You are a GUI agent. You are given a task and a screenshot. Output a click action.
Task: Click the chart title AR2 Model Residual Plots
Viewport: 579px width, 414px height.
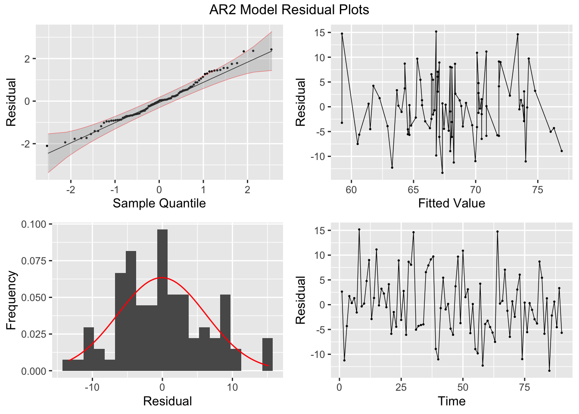(289, 9)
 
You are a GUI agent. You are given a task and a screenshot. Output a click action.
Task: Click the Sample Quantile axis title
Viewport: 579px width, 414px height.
(159, 203)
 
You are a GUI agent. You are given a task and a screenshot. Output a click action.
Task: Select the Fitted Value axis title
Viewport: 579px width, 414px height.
(451, 203)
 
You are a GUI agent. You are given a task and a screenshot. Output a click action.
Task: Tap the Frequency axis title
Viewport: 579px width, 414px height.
(11, 300)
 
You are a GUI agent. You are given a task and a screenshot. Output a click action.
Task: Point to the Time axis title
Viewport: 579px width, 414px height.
(451, 401)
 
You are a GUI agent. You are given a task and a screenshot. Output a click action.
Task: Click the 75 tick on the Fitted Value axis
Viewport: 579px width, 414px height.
(537, 190)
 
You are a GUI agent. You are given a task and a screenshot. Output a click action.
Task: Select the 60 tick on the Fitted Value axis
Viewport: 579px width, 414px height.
(351, 190)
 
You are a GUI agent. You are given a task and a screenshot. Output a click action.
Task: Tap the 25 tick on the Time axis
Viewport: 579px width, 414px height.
(401, 387)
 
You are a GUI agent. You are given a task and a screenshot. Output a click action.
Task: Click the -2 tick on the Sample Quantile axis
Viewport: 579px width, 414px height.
(70, 190)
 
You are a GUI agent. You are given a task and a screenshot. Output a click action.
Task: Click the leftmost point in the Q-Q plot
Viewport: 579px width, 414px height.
(47, 146)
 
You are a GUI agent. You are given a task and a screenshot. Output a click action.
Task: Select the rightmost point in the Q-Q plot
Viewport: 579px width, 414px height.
(271, 50)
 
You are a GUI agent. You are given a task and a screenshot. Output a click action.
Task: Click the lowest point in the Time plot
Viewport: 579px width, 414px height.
(549, 370)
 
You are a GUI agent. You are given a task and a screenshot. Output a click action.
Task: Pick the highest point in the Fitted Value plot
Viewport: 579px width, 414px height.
(436, 31)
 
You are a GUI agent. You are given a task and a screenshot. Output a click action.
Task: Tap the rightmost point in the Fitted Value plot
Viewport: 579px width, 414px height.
(562, 151)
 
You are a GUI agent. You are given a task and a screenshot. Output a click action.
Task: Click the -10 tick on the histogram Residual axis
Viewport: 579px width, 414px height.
(91, 387)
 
